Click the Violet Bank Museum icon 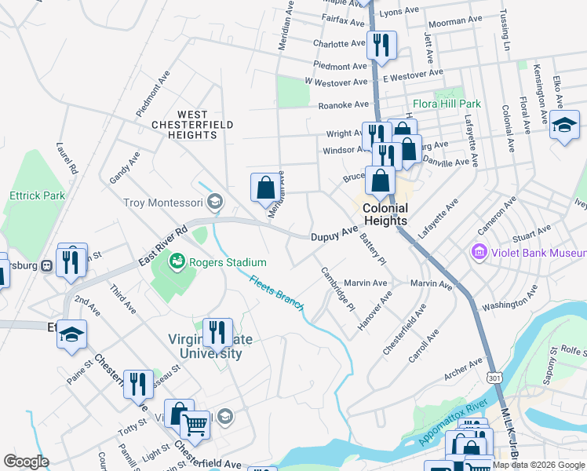click(x=478, y=253)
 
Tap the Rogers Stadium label click(x=228, y=262)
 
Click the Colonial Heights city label click(x=385, y=214)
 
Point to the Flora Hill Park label click(x=447, y=104)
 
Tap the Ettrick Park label click(x=36, y=195)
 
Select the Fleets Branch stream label click(x=276, y=293)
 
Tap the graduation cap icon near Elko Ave click(x=564, y=125)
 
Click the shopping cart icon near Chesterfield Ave click(x=195, y=425)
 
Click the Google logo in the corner click(x=27, y=462)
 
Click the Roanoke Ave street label click(x=343, y=104)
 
